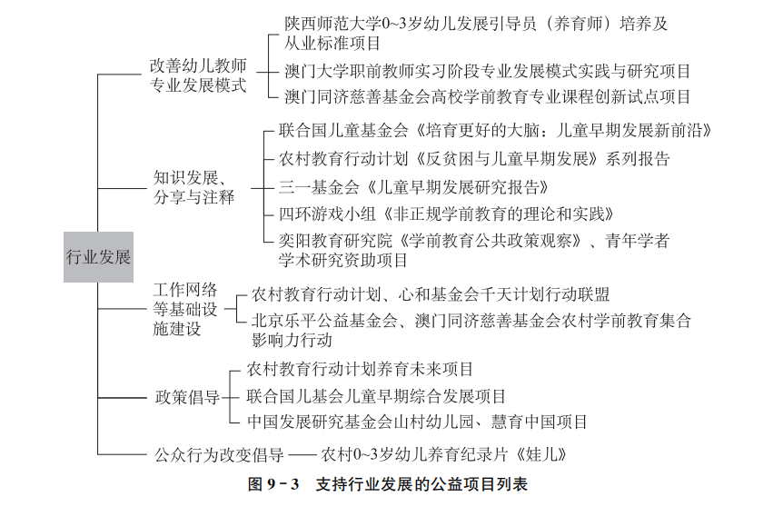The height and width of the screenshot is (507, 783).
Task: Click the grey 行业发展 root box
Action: point(98,257)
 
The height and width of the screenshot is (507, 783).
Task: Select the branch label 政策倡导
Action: point(187,398)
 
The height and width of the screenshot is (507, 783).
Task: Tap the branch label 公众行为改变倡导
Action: point(219,454)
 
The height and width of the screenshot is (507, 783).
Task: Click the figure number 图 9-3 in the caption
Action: point(273,484)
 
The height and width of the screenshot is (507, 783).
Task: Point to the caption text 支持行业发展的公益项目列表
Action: point(422,484)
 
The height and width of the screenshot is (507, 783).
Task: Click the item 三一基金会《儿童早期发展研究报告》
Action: point(414,187)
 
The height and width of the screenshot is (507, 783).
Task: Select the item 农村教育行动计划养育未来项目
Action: point(360,370)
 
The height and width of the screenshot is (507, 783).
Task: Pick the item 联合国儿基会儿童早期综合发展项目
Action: point(376,397)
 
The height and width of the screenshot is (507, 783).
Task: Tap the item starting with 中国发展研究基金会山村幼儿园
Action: point(417,422)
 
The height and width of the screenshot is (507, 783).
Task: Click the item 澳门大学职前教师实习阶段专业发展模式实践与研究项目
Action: point(488,72)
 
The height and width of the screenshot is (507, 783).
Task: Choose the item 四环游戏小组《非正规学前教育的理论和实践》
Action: point(447,214)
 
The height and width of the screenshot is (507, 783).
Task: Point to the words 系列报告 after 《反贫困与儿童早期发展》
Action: point(637,159)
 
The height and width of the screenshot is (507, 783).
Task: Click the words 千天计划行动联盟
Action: point(545,294)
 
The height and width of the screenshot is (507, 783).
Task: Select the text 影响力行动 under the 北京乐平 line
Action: point(292,340)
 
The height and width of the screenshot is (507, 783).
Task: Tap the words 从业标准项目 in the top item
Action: point(332,44)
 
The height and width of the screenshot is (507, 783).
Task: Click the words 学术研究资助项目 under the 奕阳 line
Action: point(343,260)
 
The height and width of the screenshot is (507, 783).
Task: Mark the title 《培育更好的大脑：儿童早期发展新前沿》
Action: point(561,131)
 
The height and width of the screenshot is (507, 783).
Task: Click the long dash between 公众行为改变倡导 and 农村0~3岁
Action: point(302,455)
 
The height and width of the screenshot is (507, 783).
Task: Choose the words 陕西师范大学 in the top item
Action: point(332,24)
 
